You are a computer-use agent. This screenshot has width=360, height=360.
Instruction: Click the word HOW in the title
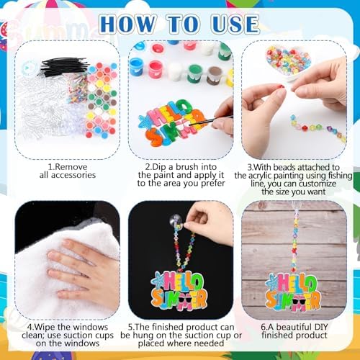(x=127, y=24)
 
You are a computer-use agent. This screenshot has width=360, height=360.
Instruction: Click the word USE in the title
(x=235, y=24)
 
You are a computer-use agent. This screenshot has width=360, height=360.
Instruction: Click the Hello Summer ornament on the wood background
(x=293, y=292)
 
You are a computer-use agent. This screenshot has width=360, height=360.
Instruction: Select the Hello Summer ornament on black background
(x=179, y=291)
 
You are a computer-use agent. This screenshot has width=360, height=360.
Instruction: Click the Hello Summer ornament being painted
(x=172, y=122)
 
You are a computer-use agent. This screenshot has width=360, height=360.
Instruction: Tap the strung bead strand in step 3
(x=318, y=128)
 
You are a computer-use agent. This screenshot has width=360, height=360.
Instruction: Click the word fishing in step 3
(x=339, y=176)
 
